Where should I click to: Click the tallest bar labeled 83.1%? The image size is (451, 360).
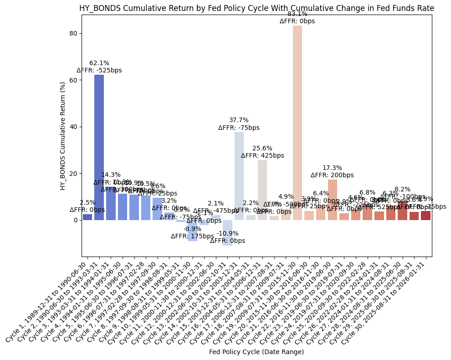[297, 123]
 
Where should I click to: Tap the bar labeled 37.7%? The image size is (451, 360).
[239, 176]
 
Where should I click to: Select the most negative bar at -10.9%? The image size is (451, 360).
[227, 233]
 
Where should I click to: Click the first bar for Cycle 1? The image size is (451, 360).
[87, 217]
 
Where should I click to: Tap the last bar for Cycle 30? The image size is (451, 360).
[426, 216]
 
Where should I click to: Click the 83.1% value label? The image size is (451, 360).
[297, 14]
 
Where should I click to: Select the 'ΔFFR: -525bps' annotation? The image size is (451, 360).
[99, 71]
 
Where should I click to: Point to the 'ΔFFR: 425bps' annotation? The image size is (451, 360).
[262, 155]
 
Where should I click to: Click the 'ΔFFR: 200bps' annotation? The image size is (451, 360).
[333, 175]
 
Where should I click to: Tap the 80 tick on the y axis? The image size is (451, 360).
[72, 33]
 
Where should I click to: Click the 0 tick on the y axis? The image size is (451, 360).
[74, 220]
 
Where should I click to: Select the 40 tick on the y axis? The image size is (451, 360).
[72, 127]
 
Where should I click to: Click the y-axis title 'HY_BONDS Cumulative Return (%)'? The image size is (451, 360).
[63, 136]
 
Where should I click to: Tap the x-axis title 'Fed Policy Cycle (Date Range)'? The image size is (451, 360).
[256, 352]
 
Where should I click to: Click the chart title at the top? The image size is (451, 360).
[256, 8]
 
